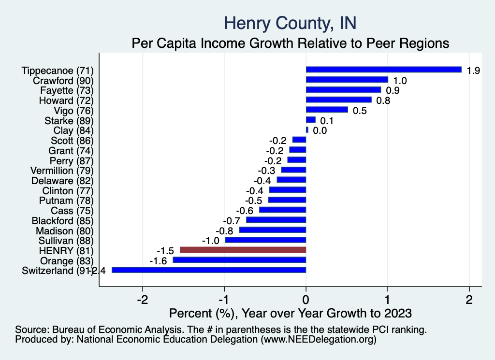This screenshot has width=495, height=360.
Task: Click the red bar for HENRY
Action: (x=243, y=250)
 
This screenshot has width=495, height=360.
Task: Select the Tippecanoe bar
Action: (x=383, y=70)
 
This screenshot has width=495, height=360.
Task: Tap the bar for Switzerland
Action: (x=209, y=270)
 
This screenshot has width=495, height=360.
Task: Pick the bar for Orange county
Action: (x=239, y=260)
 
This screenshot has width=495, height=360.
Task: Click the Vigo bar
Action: (x=327, y=110)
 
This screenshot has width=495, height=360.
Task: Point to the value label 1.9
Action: (x=473, y=71)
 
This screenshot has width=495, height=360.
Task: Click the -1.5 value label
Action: (x=165, y=251)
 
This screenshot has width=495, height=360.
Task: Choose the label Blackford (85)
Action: (x=62, y=220)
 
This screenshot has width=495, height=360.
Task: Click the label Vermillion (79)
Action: (x=61, y=171)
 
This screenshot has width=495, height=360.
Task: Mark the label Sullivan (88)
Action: (x=65, y=241)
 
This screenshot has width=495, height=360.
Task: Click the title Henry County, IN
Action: (x=291, y=23)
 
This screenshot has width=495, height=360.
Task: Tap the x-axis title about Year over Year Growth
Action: (x=291, y=312)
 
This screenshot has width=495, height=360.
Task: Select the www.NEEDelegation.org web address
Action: (x=318, y=340)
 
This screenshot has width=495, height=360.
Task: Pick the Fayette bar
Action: (x=343, y=90)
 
